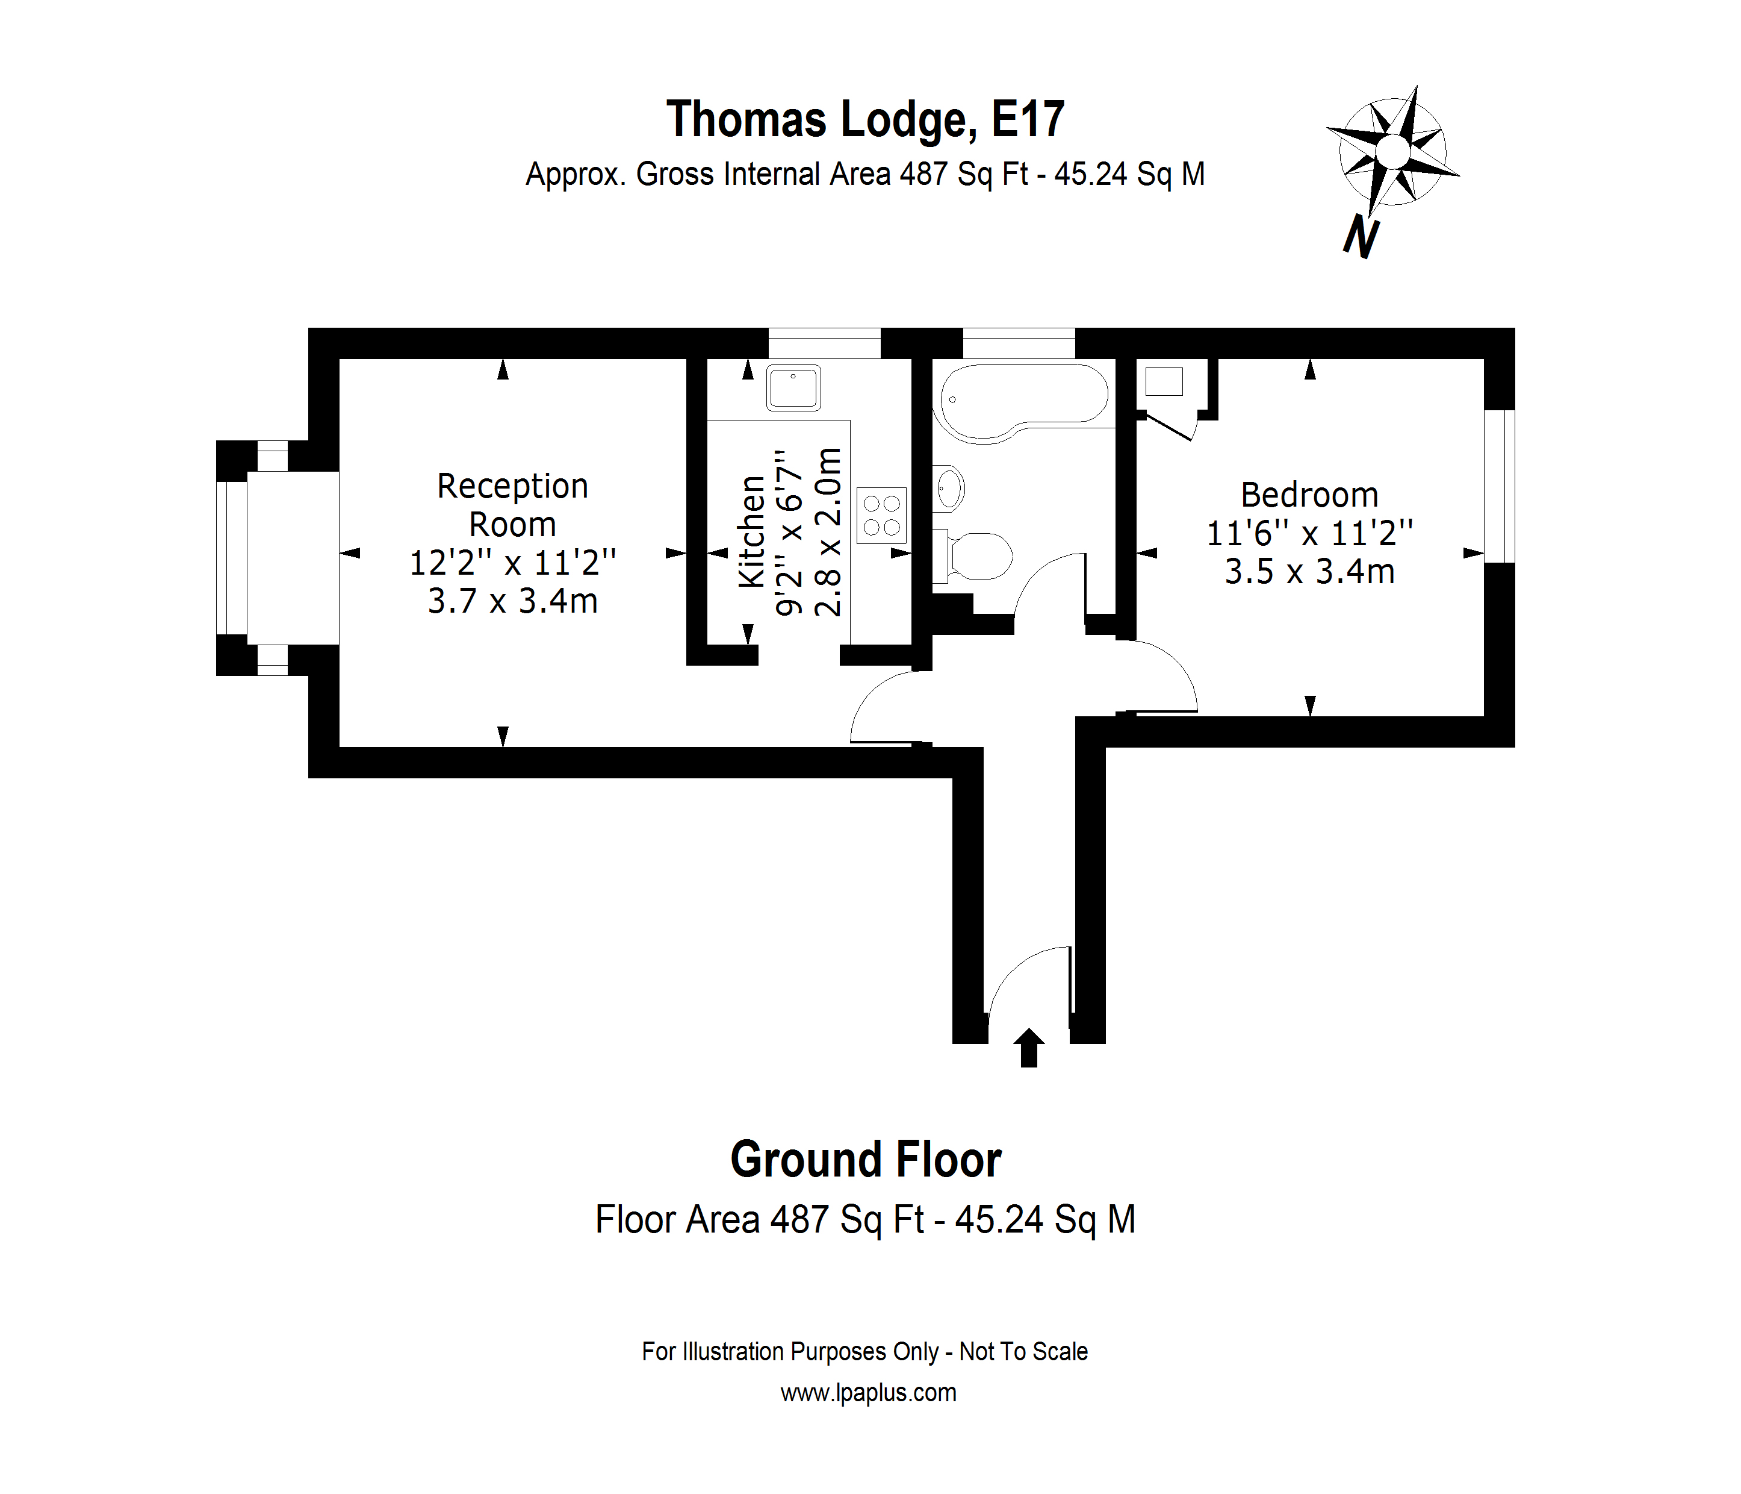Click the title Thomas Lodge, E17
(866, 119)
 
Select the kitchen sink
(793, 387)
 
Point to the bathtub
(1023, 401)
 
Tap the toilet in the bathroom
(979, 555)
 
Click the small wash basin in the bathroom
(949, 487)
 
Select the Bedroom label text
(1309, 495)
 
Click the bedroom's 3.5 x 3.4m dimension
(1309, 572)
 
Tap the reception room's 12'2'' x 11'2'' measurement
(512, 563)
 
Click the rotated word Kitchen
(752, 531)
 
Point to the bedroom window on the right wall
(1499, 486)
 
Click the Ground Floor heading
(866, 1160)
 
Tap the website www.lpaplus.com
(868, 1393)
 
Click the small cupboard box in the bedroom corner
(1164, 382)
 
